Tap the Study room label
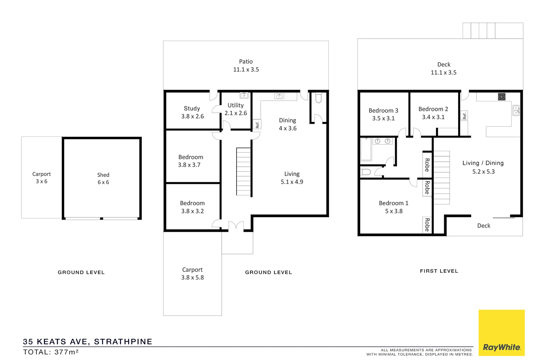pos(192,109)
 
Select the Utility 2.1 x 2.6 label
pos(236,109)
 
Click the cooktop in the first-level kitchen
pos(502,97)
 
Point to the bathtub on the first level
pos(366,149)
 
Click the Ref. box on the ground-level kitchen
pos(257,124)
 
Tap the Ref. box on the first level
pos(464,115)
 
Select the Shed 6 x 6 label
pos(103,179)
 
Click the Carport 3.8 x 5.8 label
pos(192,274)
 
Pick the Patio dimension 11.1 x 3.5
pos(246,70)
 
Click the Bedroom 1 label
pos(393,203)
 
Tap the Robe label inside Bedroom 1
pos(427,225)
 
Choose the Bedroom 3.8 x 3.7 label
pos(190,161)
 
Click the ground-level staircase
pos(244,172)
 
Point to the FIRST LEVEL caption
pos(439,271)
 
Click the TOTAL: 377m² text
pos(51,352)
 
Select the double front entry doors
pos(236,226)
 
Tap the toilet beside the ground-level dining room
pos(318,98)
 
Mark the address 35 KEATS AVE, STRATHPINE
pos(87,342)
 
